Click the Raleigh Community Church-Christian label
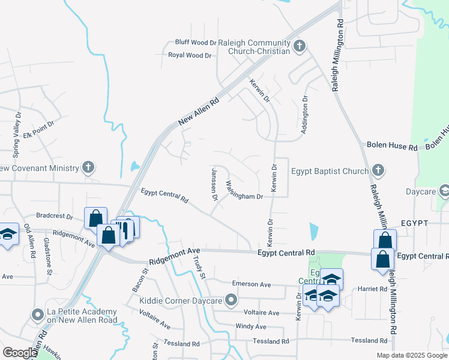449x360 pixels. tap(254, 47)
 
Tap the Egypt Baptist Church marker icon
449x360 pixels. tap(378, 171)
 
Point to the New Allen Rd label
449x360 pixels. tap(199, 112)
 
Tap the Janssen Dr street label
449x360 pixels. tap(214, 184)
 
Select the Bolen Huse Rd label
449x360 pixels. tap(391, 147)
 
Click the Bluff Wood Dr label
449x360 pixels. tap(196, 43)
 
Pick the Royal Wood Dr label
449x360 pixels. tap(190, 55)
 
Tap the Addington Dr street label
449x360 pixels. tap(305, 115)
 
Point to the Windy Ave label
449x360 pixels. tap(251, 326)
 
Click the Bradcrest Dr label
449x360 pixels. tap(54, 215)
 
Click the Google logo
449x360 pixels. tap(19, 352)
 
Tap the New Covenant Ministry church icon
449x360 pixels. tap(88, 167)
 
